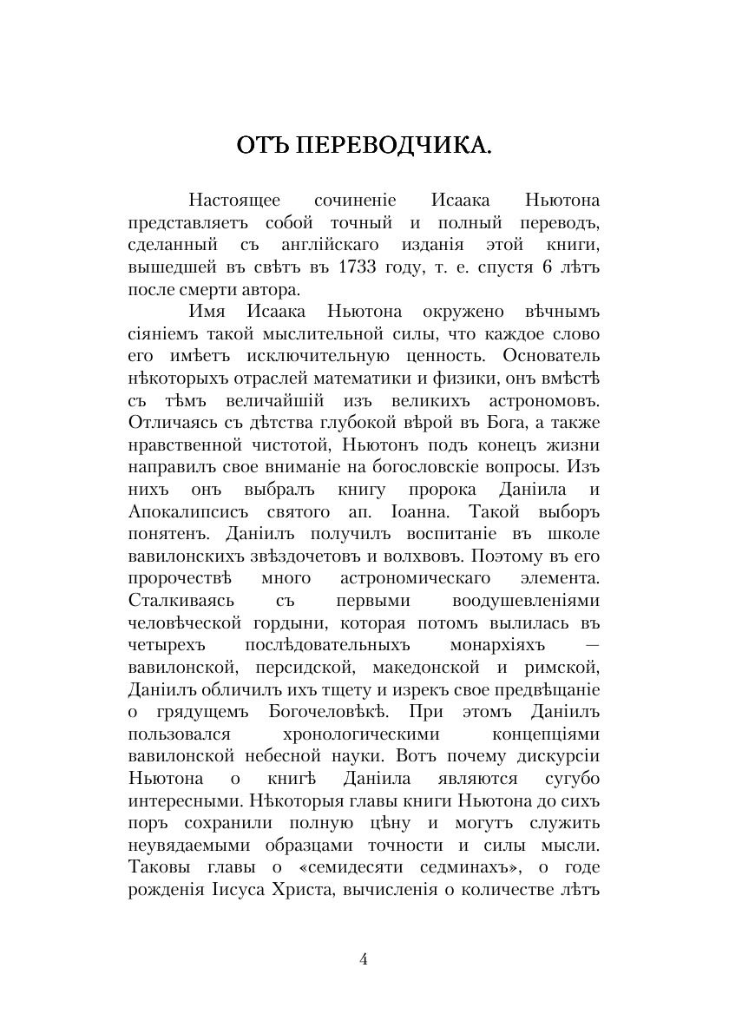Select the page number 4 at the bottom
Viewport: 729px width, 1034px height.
pyautogui.click(x=364, y=959)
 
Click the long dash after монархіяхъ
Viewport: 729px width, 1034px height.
pyautogui.click(x=592, y=645)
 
